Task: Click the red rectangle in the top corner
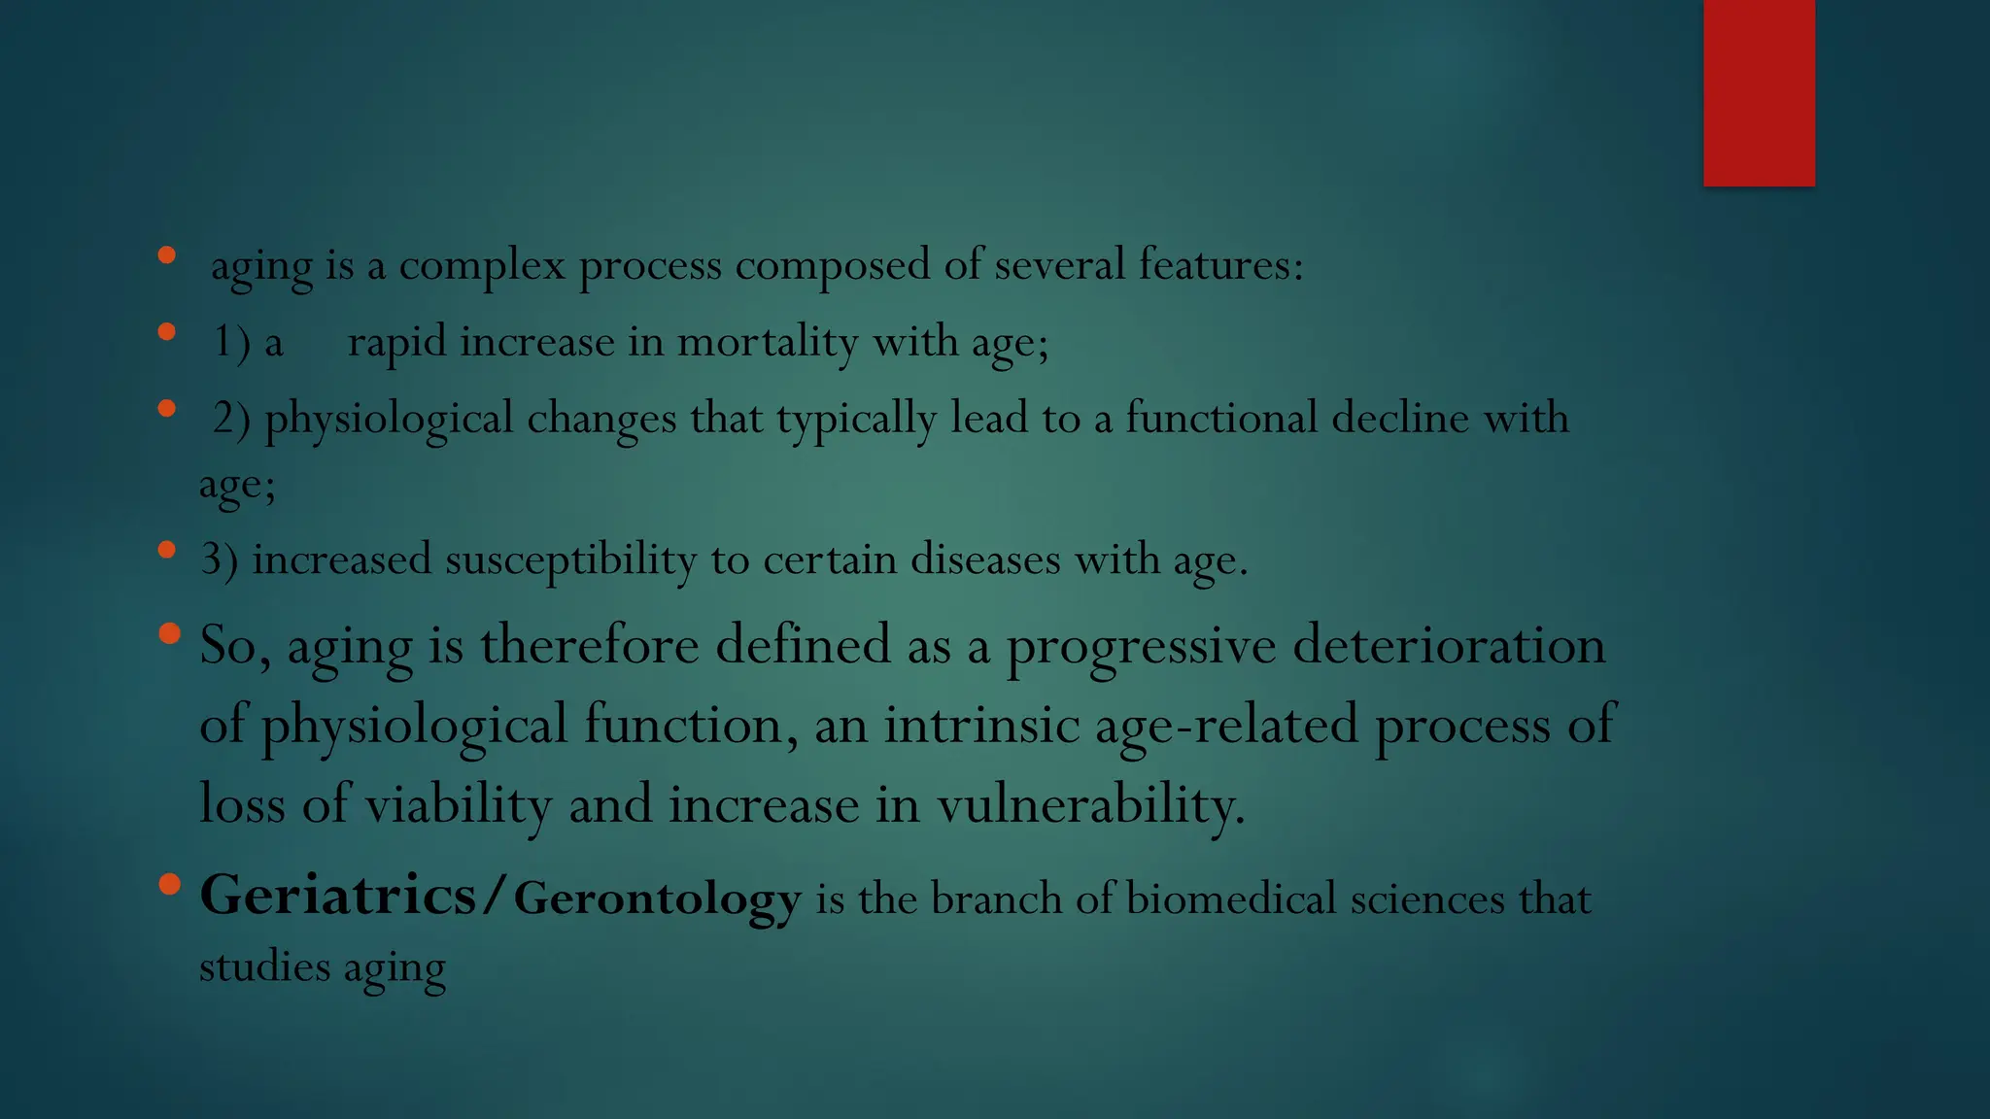pyautogui.click(x=1759, y=92)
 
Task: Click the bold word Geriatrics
pyautogui.click(x=337, y=895)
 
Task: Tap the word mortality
pyautogui.click(x=767, y=342)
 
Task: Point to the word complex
pyautogui.click(x=482, y=265)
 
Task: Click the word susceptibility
pyautogui.click(x=570, y=560)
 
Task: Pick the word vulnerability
pyautogui.click(x=1090, y=805)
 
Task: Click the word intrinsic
pyautogui.click(x=981, y=726)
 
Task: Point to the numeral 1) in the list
pyautogui.click(x=231, y=342)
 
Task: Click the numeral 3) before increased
pyautogui.click(x=219, y=560)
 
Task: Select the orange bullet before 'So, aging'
pyautogui.click(x=169, y=634)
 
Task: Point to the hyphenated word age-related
pyautogui.click(x=1226, y=726)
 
